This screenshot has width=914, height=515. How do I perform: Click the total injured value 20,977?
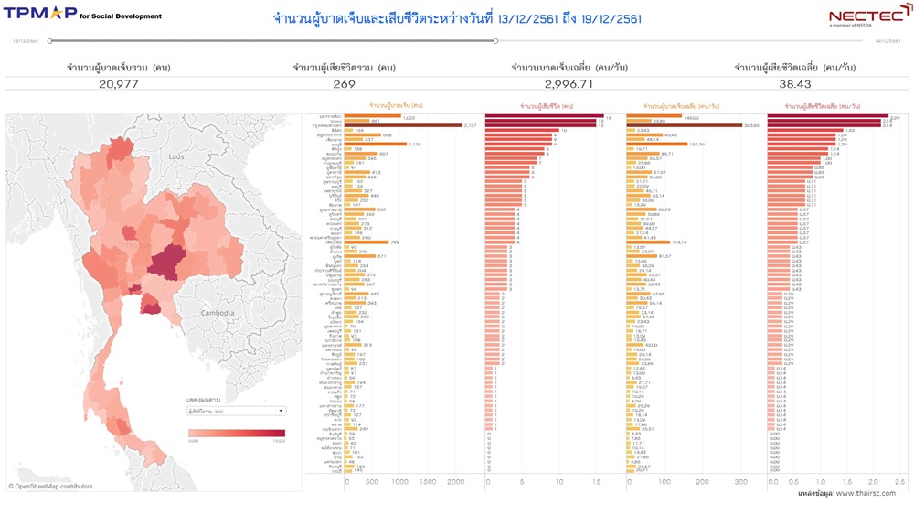coord(118,84)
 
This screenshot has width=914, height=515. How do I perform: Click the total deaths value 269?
coord(344,84)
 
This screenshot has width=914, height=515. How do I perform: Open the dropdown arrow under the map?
coord(281,412)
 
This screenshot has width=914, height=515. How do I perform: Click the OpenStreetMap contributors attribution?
coord(51,487)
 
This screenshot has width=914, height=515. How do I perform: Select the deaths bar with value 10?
coord(522,130)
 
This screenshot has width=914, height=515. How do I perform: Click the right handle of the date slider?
coord(495,40)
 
